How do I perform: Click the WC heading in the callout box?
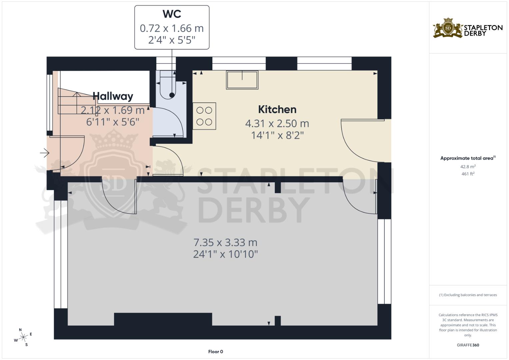(x=172, y=14)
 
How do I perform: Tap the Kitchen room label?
(x=277, y=109)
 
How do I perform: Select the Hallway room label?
(x=113, y=96)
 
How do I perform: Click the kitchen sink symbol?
(x=242, y=80)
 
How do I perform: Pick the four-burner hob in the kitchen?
(x=204, y=116)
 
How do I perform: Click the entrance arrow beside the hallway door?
(x=45, y=153)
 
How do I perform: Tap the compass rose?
(x=23, y=337)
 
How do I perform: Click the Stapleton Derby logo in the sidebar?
(x=468, y=28)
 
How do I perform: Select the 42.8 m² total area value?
(x=468, y=166)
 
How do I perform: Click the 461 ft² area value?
(x=468, y=174)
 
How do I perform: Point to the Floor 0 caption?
(x=215, y=352)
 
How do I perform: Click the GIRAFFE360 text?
(x=468, y=345)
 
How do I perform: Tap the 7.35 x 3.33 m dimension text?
(x=225, y=242)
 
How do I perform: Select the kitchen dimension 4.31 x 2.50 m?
(x=277, y=124)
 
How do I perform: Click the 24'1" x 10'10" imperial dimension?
(x=225, y=254)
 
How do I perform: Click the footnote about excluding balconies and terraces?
(x=468, y=295)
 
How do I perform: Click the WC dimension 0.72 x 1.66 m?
(x=172, y=28)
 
